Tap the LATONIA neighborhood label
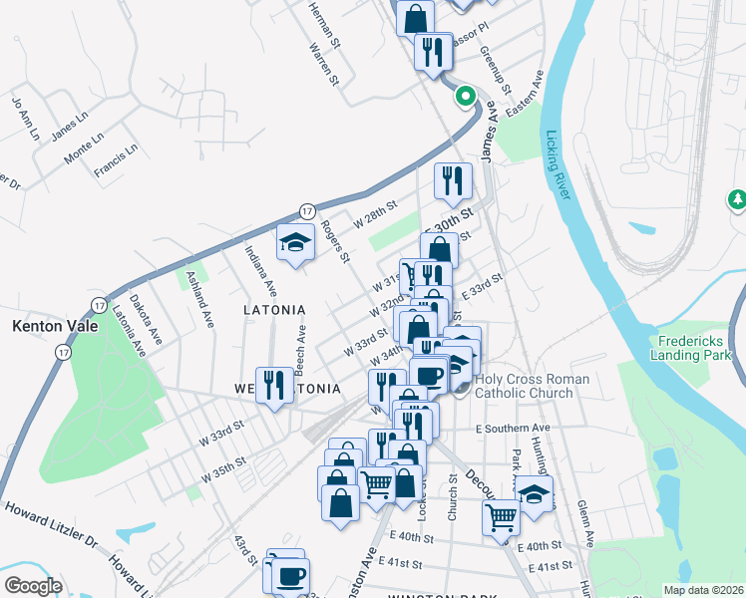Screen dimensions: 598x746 coord(274,310)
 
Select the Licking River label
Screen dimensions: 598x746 coord(557,164)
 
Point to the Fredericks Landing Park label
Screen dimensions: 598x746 coord(697,347)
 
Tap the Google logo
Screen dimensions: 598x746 coord(33,586)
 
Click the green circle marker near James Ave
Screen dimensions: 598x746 coord(464,97)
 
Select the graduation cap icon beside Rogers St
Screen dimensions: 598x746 coord(295,242)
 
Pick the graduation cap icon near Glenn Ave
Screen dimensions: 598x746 coord(535,494)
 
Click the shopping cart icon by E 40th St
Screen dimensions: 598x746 coord(501,516)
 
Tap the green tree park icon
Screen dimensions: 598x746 coord(738,200)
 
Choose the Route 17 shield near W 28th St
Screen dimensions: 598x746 coord(308,211)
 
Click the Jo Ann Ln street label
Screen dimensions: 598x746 coord(24,117)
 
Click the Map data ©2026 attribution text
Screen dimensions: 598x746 coord(703,590)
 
